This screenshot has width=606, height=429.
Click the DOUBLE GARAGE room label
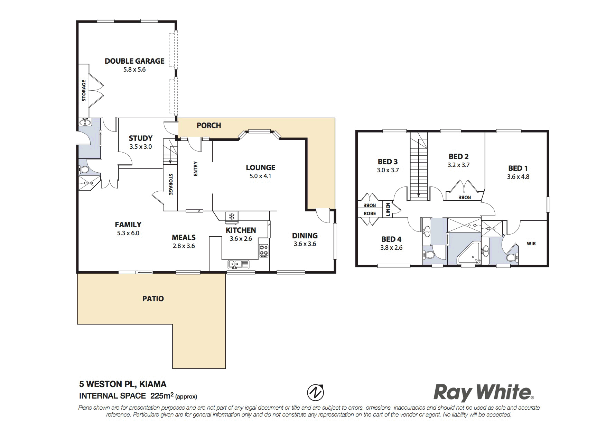pyautogui.click(x=134, y=61)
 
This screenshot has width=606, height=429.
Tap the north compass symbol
pyautogui.click(x=316, y=393)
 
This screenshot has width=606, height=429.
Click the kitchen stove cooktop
pyautogui.click(x=263, y=251)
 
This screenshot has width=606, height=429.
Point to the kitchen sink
pyautogui.click(x=238, y=265)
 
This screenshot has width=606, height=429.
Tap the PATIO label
pyautogui.click(x=153, y=299)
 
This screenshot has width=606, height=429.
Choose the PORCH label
pyautogui.click(x=209, y=125)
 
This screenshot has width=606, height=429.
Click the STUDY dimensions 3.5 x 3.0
pyautogui.click(x=141, y=147)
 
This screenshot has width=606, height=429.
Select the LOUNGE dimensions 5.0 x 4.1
pyautogui.click(x=261, y=176)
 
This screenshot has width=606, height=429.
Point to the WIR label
pyautogui.click(x=531, y=244)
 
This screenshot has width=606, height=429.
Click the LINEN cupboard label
pyautogui.click(x=388, y=209)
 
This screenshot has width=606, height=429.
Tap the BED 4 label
pyautogui.click(x=391, y=239)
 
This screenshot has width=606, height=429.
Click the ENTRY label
pyautogui.click(x=196, y=169)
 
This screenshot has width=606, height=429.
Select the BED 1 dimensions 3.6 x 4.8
pyautogui.click(x=518, y=177)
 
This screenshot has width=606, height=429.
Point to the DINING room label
pyautogui.click(x=305, y=236)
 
